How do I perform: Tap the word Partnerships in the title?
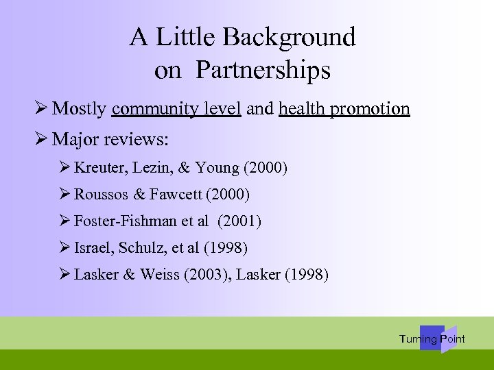click(x=263, y=70)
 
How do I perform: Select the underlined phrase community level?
click(x=176, y=108)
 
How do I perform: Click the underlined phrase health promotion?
click(x=344, y=108)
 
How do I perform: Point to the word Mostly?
click(x=79, y=108)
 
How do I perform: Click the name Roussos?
click(x=99, y=195)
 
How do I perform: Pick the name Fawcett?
click(x=174, y=195)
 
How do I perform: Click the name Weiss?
click(x=158, y=275)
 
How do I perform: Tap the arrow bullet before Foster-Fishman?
click(x=65, y=221)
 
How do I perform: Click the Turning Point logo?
click(x=432, y=338)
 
